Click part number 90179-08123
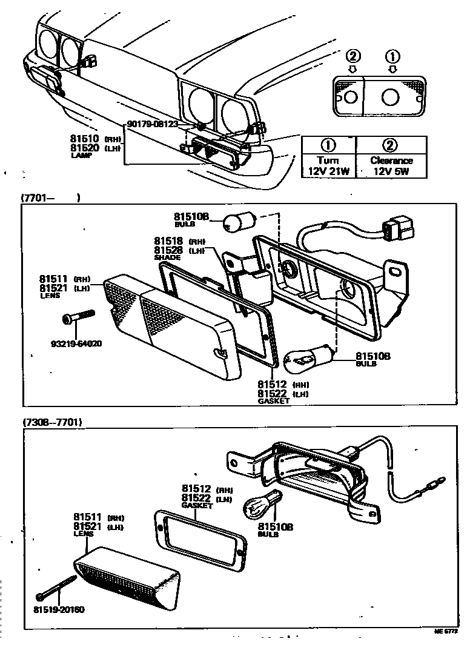click(x=152, y=124)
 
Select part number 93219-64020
click(x=76, y=343)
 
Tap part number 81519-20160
click(x=58, y=609)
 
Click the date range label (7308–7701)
click(x=52, y=422)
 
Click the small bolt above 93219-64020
click(x=79, y=317)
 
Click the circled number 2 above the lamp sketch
click(x=353, y=58)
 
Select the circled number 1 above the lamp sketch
click(x=393, y=58)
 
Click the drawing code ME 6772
click(x=446, y=632)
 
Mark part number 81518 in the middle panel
click(x=168, y=240)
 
